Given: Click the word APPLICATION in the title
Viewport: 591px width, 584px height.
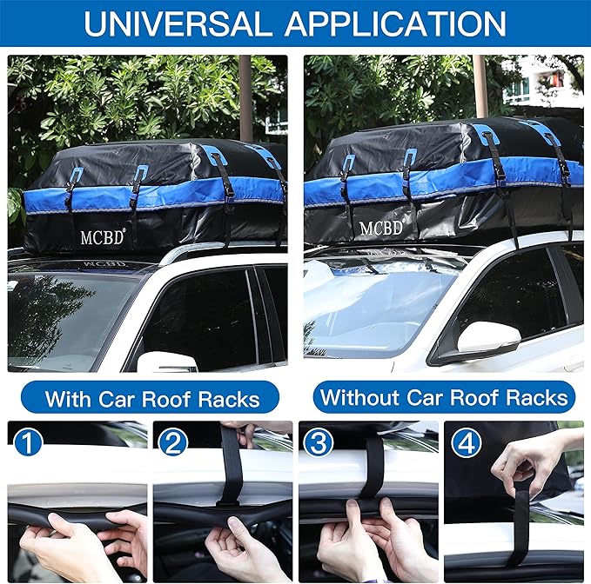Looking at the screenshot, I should point(396,23).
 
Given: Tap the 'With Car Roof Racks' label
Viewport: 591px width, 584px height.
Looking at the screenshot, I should point(151,399).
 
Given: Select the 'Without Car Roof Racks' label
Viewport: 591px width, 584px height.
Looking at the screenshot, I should point(444,398).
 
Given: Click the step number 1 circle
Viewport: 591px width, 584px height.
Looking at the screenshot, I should point(29,442).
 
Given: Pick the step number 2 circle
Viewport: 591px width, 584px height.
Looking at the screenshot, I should point(174,442).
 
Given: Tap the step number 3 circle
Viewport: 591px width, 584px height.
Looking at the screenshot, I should point(319,442).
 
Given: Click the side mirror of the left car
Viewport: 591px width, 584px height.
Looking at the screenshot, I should point(165,362).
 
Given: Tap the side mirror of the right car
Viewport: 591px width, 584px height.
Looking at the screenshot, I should point(488,337).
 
